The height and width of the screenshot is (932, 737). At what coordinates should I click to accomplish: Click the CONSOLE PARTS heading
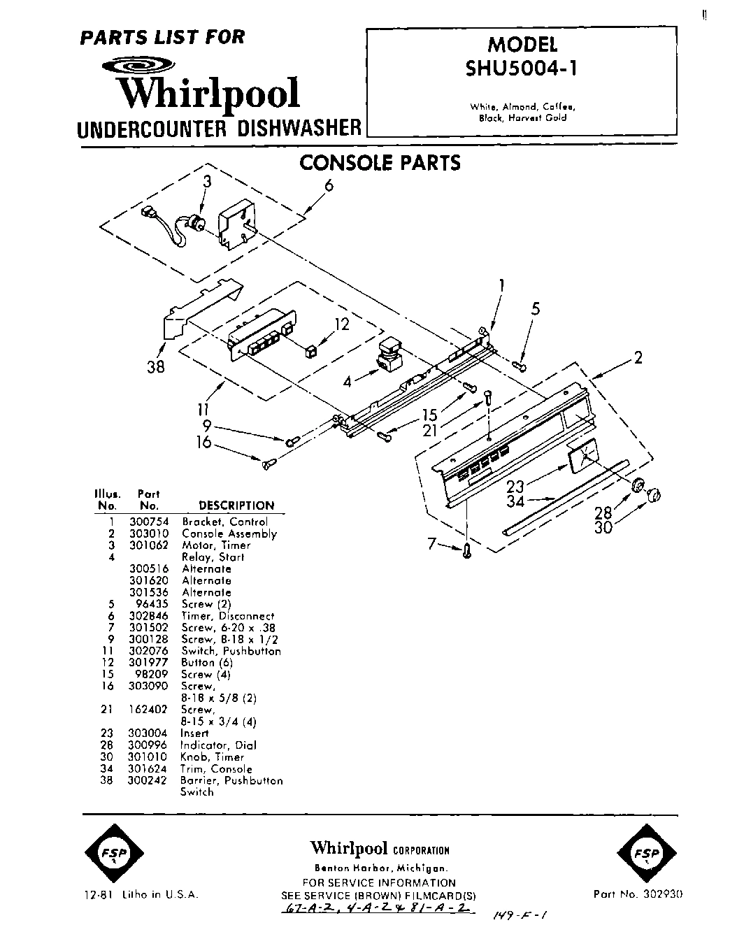coord(380,162)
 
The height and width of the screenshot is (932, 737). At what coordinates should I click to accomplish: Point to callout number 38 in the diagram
coord(155,366)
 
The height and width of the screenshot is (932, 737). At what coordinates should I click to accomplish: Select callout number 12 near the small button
coord(341,324)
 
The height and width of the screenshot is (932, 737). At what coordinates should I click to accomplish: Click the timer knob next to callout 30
coord(655,495)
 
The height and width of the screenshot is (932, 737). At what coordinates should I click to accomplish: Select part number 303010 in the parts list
coord(149,533)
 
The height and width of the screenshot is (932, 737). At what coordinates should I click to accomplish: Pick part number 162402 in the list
coord(149,709)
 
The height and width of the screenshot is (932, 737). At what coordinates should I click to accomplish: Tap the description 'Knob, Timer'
coord(212,757)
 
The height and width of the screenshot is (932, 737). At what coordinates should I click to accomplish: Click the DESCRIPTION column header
coord(236,505)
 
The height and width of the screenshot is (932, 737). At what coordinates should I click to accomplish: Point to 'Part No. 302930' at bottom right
coord(638,894)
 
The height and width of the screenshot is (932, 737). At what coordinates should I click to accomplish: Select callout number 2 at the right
coord(638,357)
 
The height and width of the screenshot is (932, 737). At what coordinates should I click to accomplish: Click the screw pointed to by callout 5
coord(520,364)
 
